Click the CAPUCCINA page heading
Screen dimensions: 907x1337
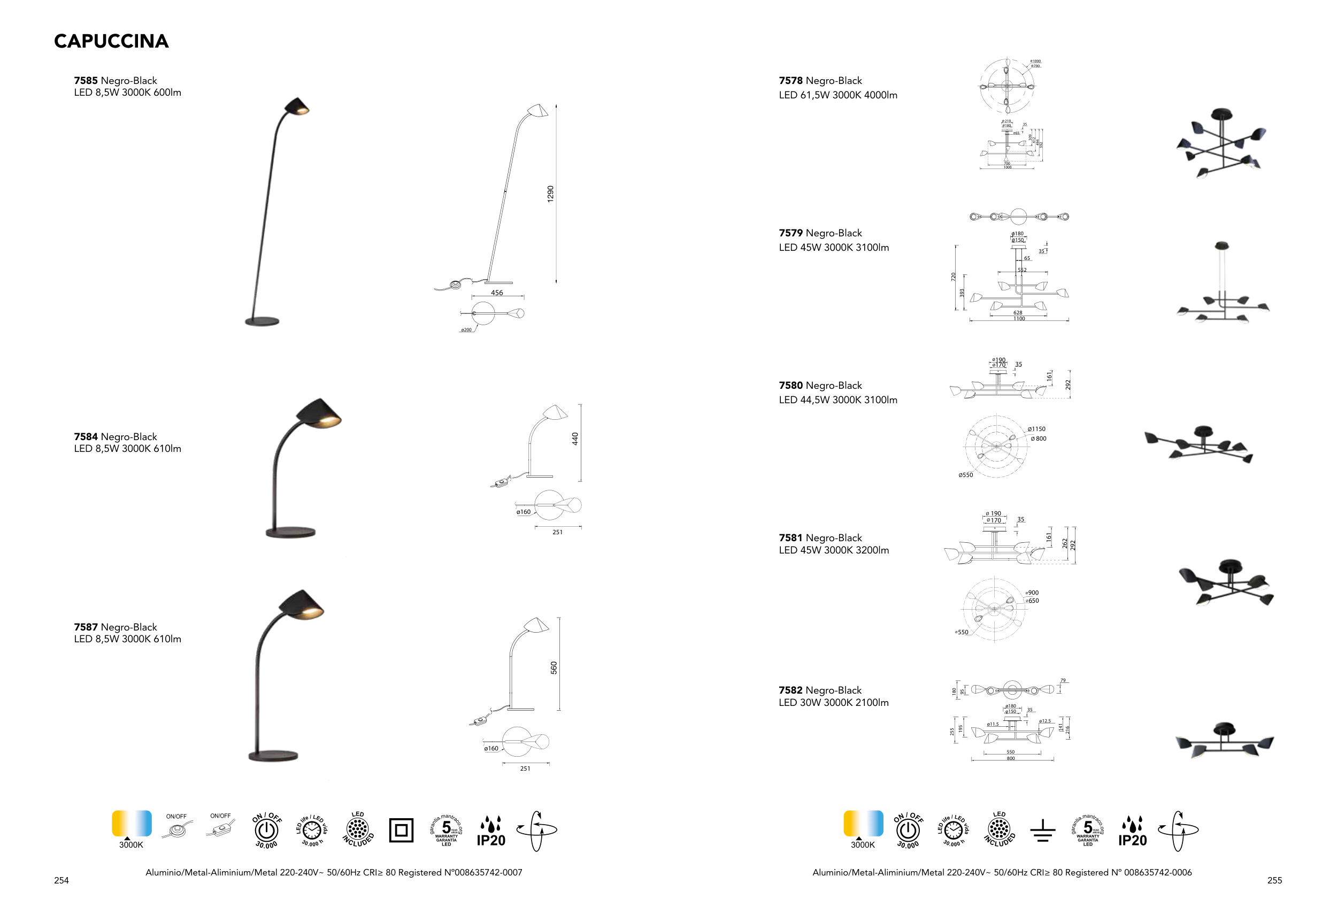[111, 41]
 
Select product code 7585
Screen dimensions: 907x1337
[86, 81]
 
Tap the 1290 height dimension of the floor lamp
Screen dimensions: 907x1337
[550, 193]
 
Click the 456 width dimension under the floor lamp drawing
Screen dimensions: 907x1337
[496, 293]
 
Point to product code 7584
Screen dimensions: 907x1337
[86, 436]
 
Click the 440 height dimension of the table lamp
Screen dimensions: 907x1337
[575, 439]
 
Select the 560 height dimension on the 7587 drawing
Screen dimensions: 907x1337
[554, 667]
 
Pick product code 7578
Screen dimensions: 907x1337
[790, 81]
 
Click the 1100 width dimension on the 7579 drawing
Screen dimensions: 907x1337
[1019, 319]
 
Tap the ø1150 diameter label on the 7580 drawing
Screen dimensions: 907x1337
[1036, 429]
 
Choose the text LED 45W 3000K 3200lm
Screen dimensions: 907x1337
[834, 550]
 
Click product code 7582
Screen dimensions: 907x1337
[790, 690]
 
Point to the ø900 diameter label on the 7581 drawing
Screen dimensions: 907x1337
[1032, 593]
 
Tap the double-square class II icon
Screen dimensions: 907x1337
[401, 831]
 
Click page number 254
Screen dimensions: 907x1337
[62, 880]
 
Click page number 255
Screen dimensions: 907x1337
[1274, 880]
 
